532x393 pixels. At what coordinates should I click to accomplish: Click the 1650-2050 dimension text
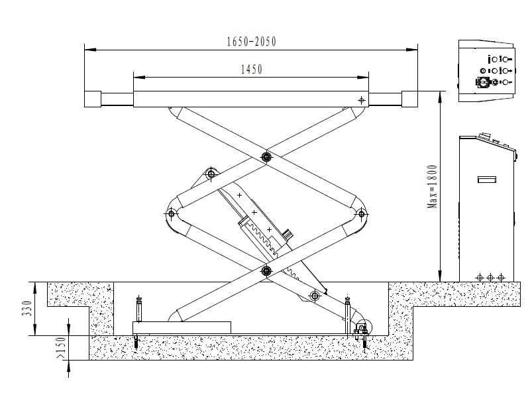tap(250, 42)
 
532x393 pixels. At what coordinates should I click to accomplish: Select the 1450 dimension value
tap(252, 69)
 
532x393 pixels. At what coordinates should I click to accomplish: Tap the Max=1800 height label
tap(433, 187)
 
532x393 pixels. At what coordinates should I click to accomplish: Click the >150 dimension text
tap(61, 349)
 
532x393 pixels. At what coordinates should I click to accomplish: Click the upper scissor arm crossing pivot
tap(266, 157)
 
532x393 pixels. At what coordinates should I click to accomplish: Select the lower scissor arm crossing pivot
tap(266, 270)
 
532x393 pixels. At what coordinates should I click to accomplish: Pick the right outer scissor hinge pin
tap(361, 213)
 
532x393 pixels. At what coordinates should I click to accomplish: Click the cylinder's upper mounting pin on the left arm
tap(211, 174)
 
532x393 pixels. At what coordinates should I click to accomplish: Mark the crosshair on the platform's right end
tap(361, 100)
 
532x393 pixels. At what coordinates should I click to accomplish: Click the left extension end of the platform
tap(92, 99)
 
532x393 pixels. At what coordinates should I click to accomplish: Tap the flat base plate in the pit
tap(182, 327)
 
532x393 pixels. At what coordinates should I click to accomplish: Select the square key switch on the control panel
tap(481, 82)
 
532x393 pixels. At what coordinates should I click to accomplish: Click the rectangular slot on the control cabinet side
tap(487, 179)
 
